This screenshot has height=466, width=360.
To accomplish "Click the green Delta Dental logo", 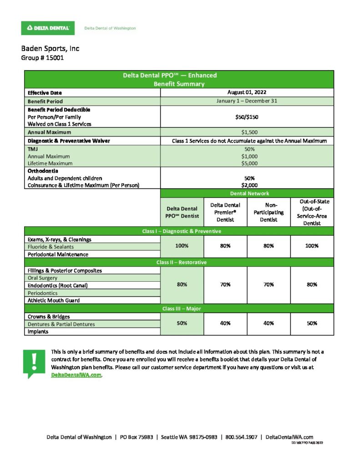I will click(x=47, y=28).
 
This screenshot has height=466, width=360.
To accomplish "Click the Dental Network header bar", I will click(x=247, y=193).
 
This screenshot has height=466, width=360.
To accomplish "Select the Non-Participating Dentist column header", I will click(x=268, y=212).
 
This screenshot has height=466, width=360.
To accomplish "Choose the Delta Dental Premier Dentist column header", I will click(x=225, y=212).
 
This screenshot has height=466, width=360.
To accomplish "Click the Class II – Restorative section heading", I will click(x=181, y=263).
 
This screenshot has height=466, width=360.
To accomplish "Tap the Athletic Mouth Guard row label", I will click(x=54, y=300).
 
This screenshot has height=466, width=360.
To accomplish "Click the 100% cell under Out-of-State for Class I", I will click(x=311, y=246).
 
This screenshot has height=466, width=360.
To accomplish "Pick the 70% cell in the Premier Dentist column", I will click(x=225, y=284).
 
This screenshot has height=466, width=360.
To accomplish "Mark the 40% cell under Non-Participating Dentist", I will click(x=268, y=324).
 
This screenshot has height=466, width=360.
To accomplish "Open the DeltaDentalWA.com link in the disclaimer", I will click(x=76, y=375).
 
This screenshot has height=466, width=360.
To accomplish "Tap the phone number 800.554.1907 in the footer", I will click(x=242, y=437).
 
